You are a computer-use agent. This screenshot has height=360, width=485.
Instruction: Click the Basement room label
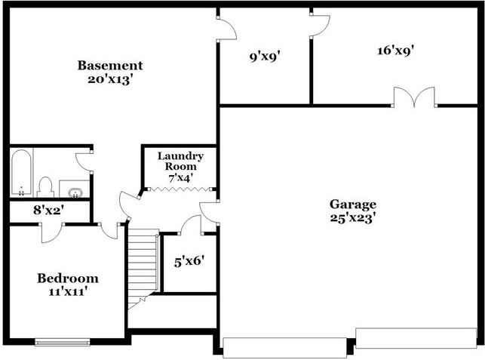(x=110, y=66)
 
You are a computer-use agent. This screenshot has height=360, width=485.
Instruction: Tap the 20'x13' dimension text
(x=110, y=78)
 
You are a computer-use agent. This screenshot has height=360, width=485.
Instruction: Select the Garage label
(x=352, y=205)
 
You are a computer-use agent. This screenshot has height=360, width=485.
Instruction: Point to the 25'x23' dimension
(x=352, y=217)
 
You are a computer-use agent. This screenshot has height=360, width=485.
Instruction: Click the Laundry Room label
(x=180, y=161)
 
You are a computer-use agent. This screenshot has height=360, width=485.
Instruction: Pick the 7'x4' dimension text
(x=180, y=177)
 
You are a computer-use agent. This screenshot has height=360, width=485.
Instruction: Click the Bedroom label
(x=68, y=278)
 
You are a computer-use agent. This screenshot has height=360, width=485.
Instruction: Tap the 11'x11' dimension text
(x=68, y=291)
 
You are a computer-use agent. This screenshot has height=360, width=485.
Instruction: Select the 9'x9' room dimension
(x=265, y=55)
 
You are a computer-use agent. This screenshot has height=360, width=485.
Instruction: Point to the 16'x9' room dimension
(x=395, y=51)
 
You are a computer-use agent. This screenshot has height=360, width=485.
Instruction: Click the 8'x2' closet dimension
(x=48, y=211)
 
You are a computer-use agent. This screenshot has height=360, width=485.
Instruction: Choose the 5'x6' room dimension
(x=189, y=262)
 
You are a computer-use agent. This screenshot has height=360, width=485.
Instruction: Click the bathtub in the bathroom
(x=21, y=173)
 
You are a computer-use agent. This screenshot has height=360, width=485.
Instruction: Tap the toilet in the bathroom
(x=45, y=185)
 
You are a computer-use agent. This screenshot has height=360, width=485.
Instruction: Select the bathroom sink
(x=73, y=188)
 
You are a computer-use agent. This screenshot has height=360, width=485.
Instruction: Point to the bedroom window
(x=63, y=342)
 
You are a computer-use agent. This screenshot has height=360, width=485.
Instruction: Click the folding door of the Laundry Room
(x=180, y=189)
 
